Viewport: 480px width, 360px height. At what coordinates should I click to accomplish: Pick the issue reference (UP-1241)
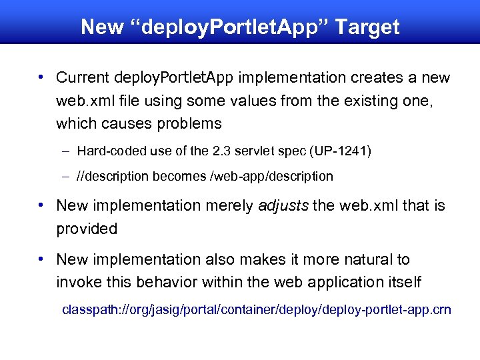point(339,151)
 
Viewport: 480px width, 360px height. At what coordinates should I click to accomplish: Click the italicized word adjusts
point(283,206)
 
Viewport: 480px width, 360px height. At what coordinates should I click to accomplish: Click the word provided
point(87,229)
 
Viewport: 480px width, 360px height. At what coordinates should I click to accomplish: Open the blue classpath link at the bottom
point(257,310)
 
